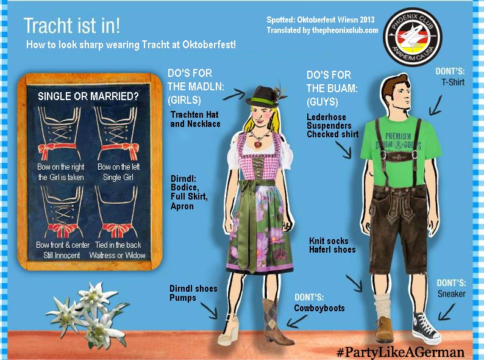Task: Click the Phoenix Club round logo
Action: coord(413,36)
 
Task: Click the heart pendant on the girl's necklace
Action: coord(258,144)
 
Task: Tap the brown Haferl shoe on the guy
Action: coord(384,329)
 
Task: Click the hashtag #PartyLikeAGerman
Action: coord(400,352)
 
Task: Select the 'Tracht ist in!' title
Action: coord(71,26)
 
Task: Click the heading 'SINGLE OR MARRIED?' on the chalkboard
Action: coord(88,96)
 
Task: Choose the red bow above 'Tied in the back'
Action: coord(118,230)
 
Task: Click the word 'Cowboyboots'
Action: coord(319,308)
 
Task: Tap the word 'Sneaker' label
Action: coord(451,293)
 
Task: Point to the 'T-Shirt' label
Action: coord(453,82)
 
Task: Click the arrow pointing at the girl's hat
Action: coord(233,95)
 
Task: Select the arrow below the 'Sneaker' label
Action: coord(446,312)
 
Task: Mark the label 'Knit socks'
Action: coord(329,241)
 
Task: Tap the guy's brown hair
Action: coord(394,84)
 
